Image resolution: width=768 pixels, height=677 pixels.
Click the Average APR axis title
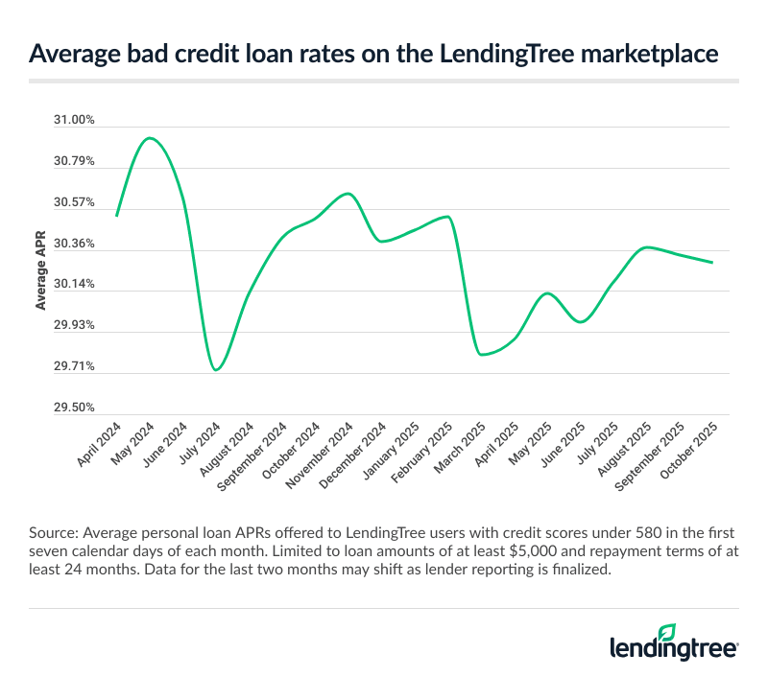point(41,270)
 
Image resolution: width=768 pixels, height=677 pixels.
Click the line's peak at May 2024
point(150,138)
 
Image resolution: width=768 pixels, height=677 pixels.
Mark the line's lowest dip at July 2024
point(217,369)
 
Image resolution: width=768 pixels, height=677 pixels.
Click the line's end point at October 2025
point(711,262)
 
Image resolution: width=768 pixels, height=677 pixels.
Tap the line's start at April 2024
point(116,216)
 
